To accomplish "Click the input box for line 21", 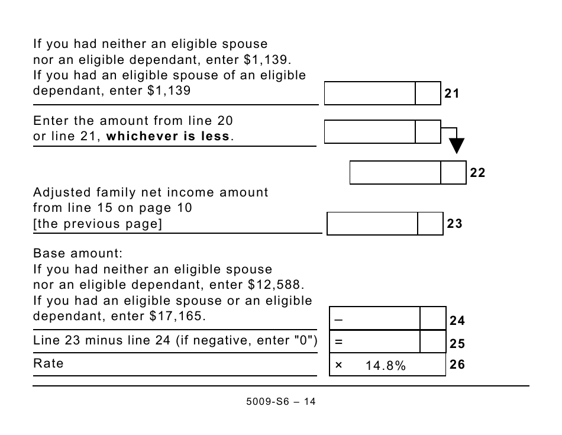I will pyautogui.click(x=370, y=94).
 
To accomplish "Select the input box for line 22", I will pyautogui.click(x=395, y=172).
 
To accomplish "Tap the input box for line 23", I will pyautogui.click(x=373, y=224).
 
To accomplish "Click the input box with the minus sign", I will pyautogui.click(x=375, y=318).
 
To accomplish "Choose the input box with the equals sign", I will pyautogui.click(x=375, y=341).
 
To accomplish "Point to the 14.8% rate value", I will pyautogui.click(x=386, y=366).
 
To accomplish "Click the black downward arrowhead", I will pyautogui.click(x=457, y=146).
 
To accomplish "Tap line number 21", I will pyautogui.click(x=452, y=94).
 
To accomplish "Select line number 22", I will pyautogui.click(x=477, y=173).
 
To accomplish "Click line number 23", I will pyautogui.click(x=454, y=224).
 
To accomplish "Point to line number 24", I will pyautogui.click(x=457, y=321).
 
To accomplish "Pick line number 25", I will pyautogui.click(x=457, y=344).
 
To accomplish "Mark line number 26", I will pyautogui.click(x=457, y=365).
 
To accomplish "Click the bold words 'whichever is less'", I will pyautogui.click(x=168, y=136).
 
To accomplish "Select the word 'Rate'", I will pyautogui.click(x=49, y=363).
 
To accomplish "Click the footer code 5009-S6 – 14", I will pyautogui.click(x=281, y=401).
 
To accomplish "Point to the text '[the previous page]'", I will pyautogui.click(x=98, y=224).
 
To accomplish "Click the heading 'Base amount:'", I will pyautogui.click(x=77, y=253).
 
